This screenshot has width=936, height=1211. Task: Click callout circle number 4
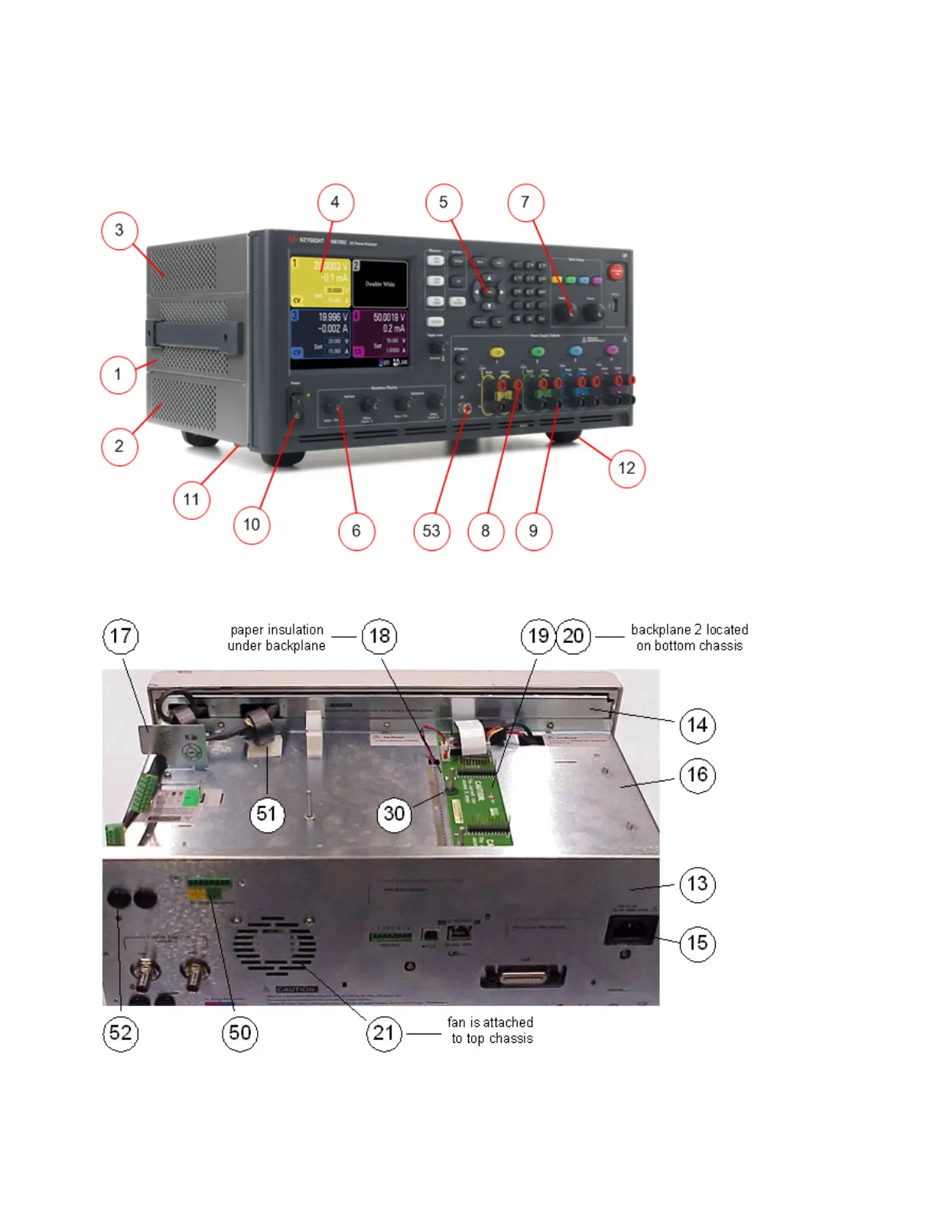click(335, 203)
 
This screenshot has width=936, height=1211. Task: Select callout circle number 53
click(431, 531)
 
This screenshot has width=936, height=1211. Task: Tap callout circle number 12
click(626, 468)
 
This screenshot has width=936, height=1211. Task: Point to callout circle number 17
click(121, 636)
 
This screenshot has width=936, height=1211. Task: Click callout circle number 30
click(394, 813)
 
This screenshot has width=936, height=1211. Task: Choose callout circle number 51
click(266, 813)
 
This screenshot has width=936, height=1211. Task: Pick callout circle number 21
click(384, 1033)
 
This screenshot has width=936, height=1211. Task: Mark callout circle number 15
click(697, 943)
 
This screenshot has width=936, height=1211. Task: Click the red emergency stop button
click(616, 271)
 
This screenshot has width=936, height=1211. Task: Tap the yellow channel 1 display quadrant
click(320, 281)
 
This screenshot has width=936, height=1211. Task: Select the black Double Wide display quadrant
click(379, 284)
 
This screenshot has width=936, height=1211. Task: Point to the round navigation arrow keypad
click(488, 291)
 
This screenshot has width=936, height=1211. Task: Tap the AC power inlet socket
click(631, 930)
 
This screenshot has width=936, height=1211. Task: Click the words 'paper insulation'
click(277, 629)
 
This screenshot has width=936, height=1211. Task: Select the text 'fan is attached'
click(490, 1022)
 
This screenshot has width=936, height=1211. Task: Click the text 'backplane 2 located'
click(689, 629)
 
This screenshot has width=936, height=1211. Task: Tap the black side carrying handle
click(195, 336)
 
